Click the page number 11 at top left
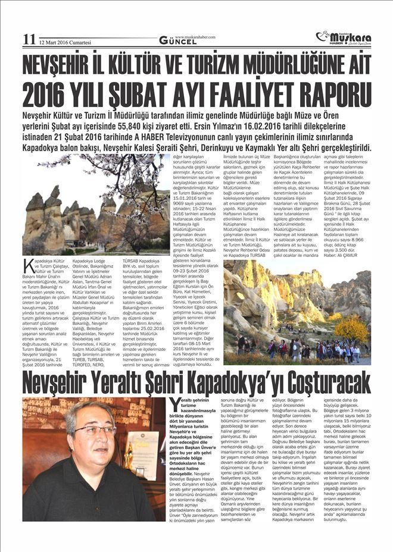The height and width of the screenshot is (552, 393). pyautogui.click(x=29, y=39)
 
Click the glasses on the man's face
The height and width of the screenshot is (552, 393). pyautogui.click(x=94, y=430)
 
